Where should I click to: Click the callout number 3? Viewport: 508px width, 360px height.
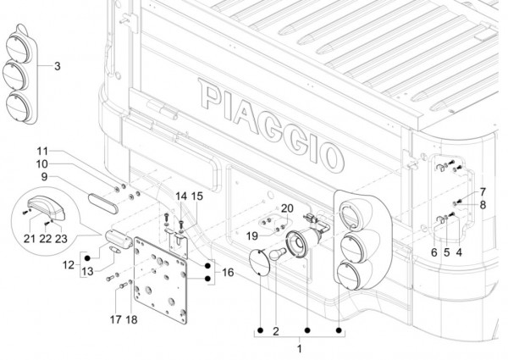click(x=57, y=66)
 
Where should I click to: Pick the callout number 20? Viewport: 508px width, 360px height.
click(x=286, y=208)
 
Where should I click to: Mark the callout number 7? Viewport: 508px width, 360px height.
click(x=483, y=191)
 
